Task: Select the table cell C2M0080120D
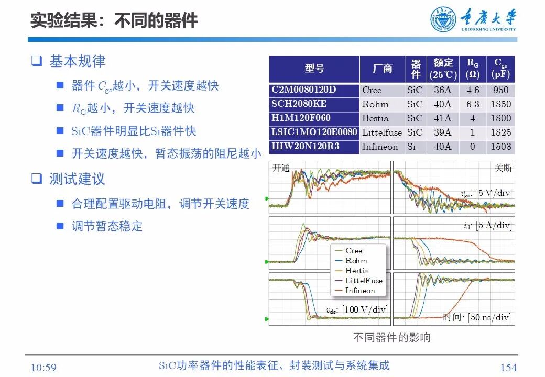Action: point(303,90)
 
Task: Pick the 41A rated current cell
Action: point(442,118)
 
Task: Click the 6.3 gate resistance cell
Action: point(473,104)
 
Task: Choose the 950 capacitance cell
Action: point(500,90)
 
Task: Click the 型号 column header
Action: point(314,69)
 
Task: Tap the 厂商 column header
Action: point(383,69)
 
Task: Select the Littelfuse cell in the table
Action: point(383,132)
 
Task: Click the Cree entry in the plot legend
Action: point(354,251)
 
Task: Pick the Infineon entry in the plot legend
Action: point(360,291)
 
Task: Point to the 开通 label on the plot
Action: point(281,169)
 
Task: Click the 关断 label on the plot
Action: point(503,169)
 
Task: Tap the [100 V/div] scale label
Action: point(364,310)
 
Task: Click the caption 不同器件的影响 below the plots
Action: point(391,338)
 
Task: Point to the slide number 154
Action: point(508,368)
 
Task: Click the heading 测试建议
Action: point(77,179)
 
